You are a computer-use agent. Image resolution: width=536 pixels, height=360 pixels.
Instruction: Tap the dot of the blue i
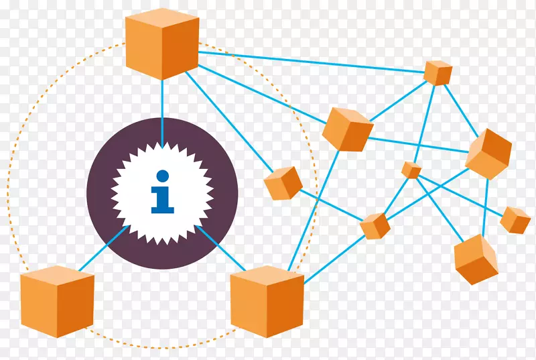161,176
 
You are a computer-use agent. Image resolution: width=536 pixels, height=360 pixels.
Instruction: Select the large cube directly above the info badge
162,44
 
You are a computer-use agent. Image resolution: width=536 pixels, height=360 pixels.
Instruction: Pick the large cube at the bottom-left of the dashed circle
57,301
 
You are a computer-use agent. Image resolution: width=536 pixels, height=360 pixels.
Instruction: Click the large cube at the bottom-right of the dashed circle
267,301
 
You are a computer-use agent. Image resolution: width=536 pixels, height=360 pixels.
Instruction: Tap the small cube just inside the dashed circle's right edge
283,183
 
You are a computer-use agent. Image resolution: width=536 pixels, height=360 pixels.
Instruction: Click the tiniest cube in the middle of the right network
411,170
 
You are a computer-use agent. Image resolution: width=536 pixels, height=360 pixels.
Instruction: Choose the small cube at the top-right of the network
438,72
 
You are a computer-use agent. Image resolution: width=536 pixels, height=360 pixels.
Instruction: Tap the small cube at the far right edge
515,220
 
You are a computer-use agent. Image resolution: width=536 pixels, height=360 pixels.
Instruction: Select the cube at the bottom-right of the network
476,259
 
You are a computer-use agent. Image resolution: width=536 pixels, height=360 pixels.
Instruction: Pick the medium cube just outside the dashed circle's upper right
347,128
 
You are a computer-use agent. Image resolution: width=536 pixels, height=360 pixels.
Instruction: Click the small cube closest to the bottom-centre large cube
375,226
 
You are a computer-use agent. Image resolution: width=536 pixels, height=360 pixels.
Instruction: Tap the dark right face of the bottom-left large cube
82,306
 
